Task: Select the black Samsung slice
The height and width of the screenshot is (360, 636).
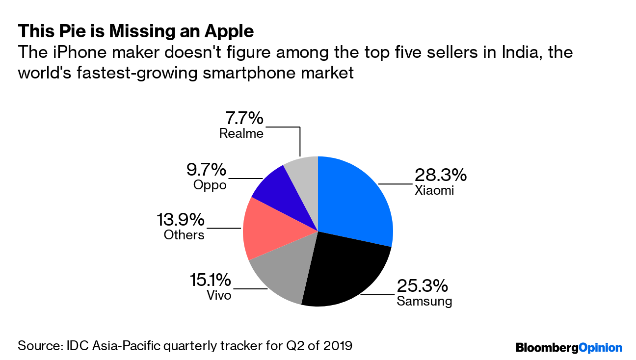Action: (x=344, y=270)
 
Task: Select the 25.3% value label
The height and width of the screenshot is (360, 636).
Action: (x=422, y=286)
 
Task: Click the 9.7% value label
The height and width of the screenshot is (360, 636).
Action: (x=206, y=170)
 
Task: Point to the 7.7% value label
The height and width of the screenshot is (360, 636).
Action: (x=244, y=118)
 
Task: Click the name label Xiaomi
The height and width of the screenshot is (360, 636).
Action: (x=434, y=190)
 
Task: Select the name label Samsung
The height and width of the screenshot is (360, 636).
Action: (x=424, y=301)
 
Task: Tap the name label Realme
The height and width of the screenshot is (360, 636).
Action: (x=241, y=133)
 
